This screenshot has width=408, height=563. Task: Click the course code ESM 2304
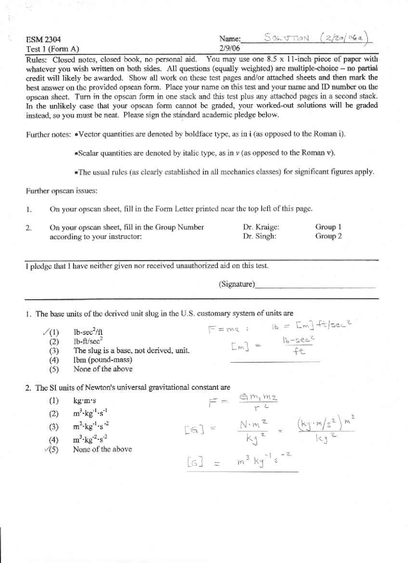tap(43, 40)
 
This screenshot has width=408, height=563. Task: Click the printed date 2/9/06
tap(229, 48)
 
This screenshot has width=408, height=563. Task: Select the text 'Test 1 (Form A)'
tap(53, 49)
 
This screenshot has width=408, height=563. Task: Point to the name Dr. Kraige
tap(261, 227)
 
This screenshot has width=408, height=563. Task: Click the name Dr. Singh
tap(259, 236)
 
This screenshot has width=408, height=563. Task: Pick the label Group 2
tap(328, 236)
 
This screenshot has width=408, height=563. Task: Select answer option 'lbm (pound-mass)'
tap(103, 360)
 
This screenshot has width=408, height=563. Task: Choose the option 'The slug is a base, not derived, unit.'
tap(131, 351)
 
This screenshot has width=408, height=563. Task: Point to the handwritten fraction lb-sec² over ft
tap(298, 346)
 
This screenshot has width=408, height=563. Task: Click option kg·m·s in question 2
tap(84, 401)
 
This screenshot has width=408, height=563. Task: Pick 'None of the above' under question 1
tap(103, 369)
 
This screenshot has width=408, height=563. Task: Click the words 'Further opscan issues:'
tap(62, 191)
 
